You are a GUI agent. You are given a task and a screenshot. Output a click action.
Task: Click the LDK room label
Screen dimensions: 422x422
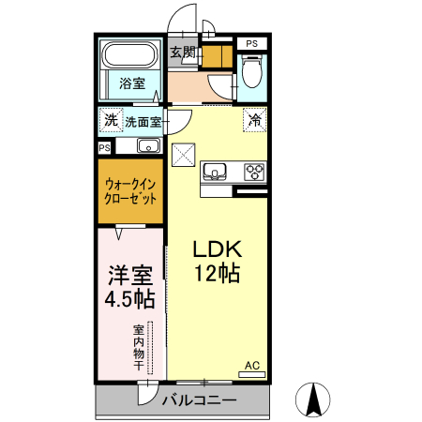click(219, 250)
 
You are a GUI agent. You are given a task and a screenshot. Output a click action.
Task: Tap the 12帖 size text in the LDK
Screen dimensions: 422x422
click(219, 274)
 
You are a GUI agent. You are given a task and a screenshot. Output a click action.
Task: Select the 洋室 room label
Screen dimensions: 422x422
click(129, 277)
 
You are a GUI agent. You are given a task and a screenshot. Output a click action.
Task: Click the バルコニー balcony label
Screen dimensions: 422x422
click(198, 400)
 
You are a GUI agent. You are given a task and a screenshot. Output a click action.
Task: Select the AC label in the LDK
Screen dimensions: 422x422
click(251, 366)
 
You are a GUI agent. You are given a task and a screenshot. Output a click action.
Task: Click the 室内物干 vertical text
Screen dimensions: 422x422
click(138, 347)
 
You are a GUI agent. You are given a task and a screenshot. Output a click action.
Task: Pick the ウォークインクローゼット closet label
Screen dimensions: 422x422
click(130, 191)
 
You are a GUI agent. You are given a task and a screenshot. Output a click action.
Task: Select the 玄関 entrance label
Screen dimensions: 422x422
click(183, 53)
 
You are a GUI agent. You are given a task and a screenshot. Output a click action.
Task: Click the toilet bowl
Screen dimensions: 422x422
click(250, 70)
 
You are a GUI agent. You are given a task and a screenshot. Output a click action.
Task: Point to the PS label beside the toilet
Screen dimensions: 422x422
click(250, 43)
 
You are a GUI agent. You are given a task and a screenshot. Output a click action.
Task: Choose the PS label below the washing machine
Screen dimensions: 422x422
click(104, 147)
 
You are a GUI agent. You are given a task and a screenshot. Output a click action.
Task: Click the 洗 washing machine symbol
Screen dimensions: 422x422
click(111, 120)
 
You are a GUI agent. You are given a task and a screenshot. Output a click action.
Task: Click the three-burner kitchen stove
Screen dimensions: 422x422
click(253, 171)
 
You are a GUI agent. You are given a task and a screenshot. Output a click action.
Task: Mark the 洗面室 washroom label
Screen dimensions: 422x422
click(143, 121)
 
